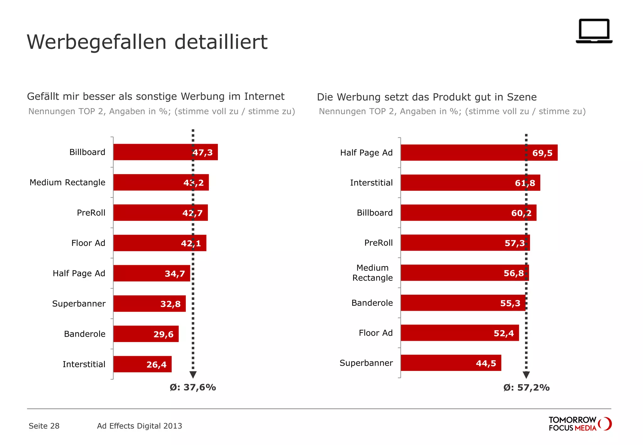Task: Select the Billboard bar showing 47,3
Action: (x=165, y=152)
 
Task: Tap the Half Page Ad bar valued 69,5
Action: (x=479, y=153)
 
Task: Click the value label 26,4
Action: (x=156, y=365)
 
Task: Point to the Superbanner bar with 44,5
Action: (x=451, y=363)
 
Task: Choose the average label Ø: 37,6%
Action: (x=193, y=388)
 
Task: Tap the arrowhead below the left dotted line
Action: (x=193, y=375)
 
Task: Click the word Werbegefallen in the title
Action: (x=97, y=42)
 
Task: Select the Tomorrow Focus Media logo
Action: (x=580, y=424)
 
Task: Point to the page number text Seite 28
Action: (x=44, y=426)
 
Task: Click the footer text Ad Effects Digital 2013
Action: (x=139, y=426)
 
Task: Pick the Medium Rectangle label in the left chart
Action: (x=68, y=182)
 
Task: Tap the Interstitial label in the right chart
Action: (x=371, y=183)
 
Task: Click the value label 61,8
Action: (x=525, y=183)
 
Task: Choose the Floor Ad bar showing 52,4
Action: (x=459, y=333)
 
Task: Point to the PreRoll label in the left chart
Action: (x=91, y=213)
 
